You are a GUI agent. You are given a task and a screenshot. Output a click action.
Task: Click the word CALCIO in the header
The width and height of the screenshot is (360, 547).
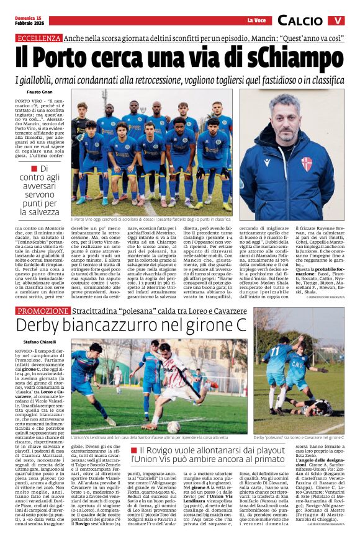(x=300, y=20)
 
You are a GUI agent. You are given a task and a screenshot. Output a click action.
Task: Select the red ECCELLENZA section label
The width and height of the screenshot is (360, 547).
(x=38, y=38)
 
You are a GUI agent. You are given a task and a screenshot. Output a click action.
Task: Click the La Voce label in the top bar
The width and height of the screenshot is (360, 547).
(x=256, y=20)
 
